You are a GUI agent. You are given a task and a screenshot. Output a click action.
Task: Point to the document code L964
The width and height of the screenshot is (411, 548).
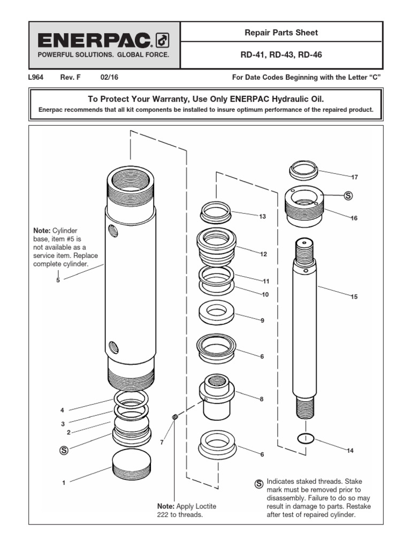pyautogui.click(x=35, y=77)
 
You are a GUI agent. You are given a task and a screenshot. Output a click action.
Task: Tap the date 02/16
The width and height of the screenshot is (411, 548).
pyautogui.click(x=109, y=77)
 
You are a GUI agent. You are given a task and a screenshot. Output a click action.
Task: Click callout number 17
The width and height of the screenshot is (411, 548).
pyautogui.click(x=354, y=177)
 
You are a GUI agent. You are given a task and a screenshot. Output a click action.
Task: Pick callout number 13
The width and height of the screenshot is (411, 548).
pyautogui.click(x=262, y=217)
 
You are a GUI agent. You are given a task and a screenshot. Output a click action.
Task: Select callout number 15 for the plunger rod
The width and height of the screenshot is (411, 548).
pyautogui.click(x=354, y=296)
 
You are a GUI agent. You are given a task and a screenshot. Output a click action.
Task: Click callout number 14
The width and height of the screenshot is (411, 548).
pyautogui.click(x=350, y=451)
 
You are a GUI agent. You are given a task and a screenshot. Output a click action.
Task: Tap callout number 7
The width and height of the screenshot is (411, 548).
pyautogui.click(x=162, y=442)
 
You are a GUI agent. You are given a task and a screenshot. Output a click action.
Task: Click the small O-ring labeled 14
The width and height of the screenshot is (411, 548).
pyautogui.click(x=305, y=438)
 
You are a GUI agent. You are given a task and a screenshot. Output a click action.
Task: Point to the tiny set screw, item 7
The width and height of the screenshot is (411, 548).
pyautogui.click(x=174, y=417)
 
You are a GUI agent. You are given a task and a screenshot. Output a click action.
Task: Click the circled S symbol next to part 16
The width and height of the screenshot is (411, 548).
pyautogui.click(x=348, y=196)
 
